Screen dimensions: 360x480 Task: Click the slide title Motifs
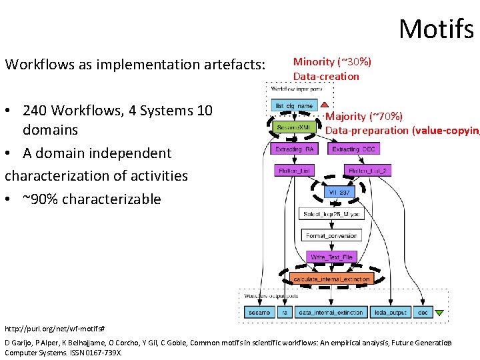(436, 29)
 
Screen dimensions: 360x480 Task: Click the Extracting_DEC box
(354, 149)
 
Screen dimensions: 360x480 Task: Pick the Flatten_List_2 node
(367, 171)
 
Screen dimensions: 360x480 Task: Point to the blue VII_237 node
(339, 193)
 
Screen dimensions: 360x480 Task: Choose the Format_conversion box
(331, 235)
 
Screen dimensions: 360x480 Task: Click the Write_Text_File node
(331, 257)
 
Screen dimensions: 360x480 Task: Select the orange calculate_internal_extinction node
(331, 279)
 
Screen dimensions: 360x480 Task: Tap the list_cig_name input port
(293, 105)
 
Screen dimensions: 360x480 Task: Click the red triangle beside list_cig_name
(324, 105)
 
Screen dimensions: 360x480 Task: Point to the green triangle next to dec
(439, 312)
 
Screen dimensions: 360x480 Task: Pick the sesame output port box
(259, 312)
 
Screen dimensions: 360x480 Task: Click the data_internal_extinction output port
(331, 312)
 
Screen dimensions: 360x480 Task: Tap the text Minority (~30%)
(332, 62)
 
